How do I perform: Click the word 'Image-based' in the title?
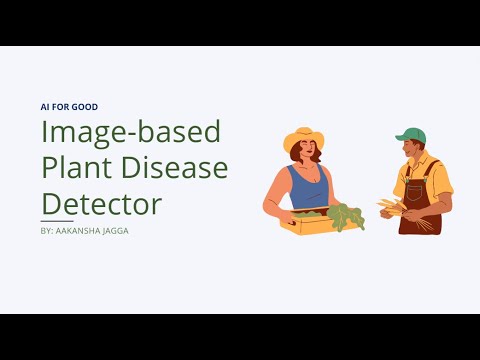[130, 132]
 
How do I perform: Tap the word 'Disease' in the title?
[181, 168]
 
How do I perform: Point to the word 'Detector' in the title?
[101, 204]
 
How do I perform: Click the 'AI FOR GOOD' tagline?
[69, 107]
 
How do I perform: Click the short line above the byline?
[57, 220]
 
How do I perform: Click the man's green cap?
[411, 134]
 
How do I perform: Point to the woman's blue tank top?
[308, 187]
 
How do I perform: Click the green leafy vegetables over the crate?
[344, 215]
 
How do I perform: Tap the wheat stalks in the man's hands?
[392, 207]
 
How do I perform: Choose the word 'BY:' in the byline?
[48, 230]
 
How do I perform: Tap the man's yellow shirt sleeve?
[441, 180]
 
